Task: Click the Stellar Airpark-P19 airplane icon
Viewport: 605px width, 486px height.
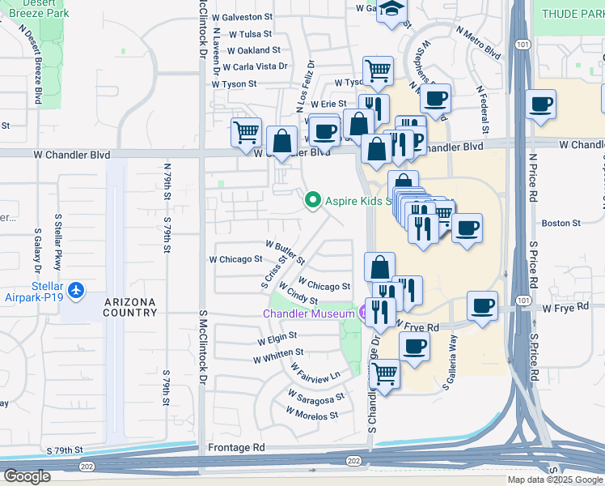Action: coord(75,290)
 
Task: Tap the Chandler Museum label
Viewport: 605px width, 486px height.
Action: coord(309,313)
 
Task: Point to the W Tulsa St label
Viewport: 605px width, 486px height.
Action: coord(250,35)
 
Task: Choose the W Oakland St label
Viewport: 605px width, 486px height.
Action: coord(253,50)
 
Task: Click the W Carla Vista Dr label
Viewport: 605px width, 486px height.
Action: coord(256,66)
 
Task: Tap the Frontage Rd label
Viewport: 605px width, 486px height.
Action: coord(236,447)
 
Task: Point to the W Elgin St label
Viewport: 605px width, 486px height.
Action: coord(277,335)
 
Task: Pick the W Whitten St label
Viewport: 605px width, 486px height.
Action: coord(277,353)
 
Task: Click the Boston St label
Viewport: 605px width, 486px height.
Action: coord(561,223)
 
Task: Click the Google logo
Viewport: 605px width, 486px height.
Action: coord(27,476)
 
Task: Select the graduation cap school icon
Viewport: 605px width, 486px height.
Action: coord(393,9)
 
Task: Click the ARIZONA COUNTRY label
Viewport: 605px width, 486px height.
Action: coord(130,307)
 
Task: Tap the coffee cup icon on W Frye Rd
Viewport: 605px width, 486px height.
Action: coord(483,306)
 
